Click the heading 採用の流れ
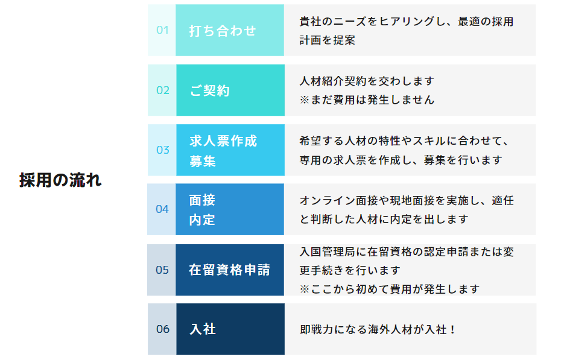60,180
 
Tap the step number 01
162,30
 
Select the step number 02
163,90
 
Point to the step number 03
163,150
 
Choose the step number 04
162,209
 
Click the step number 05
162,270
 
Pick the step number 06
163,329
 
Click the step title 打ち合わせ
223,31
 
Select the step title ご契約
210,90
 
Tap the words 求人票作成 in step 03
223,141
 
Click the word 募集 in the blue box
203,161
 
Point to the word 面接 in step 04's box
202,200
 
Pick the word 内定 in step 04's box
202,219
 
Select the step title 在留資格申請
229,270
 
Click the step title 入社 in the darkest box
203,329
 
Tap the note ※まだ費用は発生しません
367,100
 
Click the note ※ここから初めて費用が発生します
390,289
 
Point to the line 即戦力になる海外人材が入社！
378,330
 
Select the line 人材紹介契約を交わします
367,81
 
